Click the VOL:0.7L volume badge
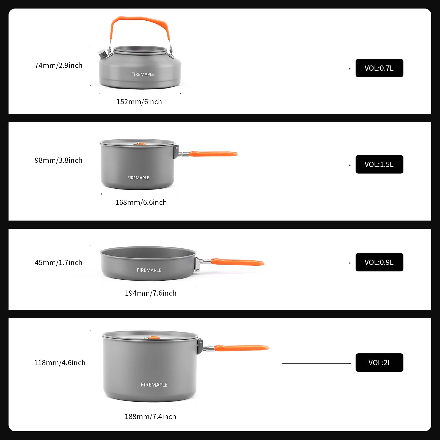point(379,68)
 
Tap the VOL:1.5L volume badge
point(379,164)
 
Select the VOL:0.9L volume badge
point(379,262)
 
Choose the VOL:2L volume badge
point(379,363)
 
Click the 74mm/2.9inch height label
point(59,65)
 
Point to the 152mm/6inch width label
point(139,102)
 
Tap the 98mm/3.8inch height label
point(59,160)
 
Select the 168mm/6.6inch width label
point(141,202)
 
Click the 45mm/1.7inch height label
point(59,263)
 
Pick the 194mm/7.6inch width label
point(151,293)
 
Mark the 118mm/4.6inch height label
point(60,363)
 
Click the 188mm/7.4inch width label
point(150,417)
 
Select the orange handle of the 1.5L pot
point(213,154)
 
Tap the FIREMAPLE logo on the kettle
point(143,74)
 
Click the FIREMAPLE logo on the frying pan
point(149,270)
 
